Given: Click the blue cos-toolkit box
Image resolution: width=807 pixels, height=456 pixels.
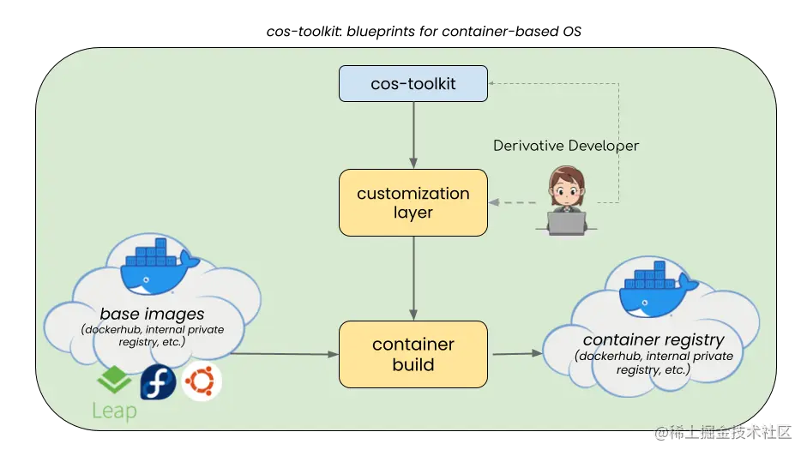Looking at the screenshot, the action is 413,83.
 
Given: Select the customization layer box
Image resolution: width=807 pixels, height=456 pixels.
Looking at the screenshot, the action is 413,203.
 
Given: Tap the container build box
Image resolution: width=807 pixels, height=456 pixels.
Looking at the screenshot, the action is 413,354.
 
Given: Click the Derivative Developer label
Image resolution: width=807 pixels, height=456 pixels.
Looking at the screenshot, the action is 566,146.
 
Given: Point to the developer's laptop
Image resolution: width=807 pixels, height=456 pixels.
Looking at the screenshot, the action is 566,224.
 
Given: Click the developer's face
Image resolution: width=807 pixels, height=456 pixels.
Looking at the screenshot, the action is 566,190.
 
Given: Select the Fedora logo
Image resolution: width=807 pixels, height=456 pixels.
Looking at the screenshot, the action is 158,382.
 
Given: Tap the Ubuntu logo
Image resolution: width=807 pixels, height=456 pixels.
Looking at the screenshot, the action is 202,381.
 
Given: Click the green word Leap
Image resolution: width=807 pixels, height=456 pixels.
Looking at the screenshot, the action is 114,411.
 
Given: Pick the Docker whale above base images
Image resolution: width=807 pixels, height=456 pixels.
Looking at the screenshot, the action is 156,266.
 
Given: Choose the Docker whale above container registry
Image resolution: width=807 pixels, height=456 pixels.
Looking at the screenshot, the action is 656,288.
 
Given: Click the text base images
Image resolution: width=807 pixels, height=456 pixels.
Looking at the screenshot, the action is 152,314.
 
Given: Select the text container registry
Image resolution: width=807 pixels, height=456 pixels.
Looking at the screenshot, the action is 653,339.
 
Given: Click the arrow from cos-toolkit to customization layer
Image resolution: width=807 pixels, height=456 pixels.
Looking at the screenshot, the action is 413,135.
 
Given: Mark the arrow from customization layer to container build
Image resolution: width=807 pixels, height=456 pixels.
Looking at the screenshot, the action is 413,279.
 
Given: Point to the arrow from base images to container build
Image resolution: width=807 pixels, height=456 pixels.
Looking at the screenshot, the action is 284,354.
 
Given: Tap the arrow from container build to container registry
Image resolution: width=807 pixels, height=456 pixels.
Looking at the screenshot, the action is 517,354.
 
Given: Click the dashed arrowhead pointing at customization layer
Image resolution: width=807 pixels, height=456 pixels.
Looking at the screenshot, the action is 494,202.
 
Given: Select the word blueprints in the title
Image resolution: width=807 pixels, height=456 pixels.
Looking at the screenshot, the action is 380,32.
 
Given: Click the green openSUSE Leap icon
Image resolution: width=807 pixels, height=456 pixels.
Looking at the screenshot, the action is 114,380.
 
